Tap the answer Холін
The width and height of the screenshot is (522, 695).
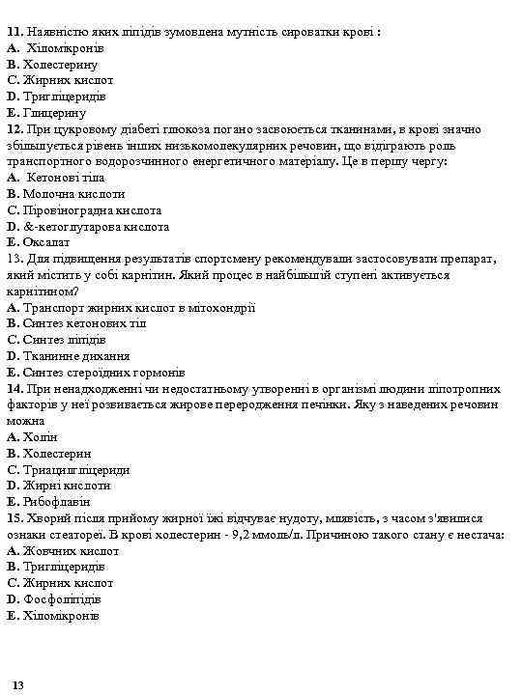coord(41,437)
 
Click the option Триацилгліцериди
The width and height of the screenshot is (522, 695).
coord(76,470)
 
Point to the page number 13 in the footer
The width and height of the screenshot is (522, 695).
coord(19,684)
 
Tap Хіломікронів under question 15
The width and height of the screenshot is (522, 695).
coord(61,615)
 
